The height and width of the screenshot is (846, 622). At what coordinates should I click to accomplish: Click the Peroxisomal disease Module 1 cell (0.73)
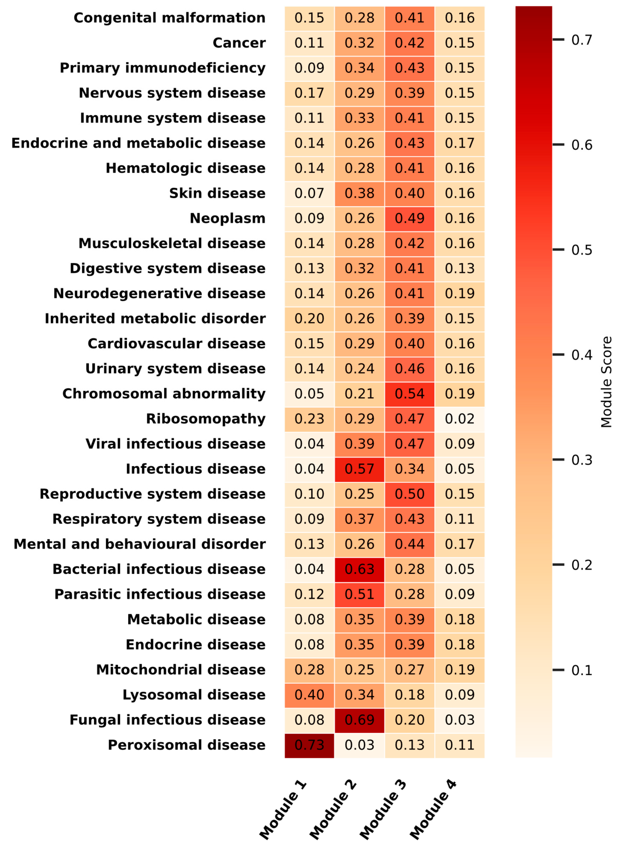[309, 744]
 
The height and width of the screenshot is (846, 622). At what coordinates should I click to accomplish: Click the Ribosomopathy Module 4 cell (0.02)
[460, 419]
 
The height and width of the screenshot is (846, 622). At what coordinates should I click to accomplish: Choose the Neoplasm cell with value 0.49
[410, 218]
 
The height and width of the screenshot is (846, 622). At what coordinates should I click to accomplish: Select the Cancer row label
[239, 43]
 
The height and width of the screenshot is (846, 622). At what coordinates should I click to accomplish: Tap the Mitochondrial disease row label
[181, 669]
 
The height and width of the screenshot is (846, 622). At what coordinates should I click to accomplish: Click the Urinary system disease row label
[175, 369]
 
